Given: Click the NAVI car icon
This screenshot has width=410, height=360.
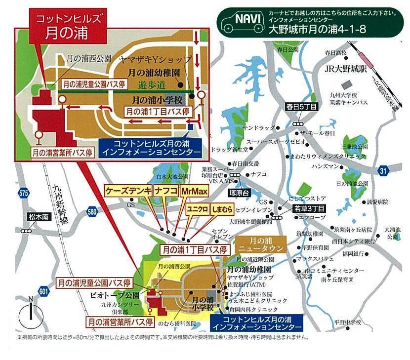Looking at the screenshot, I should (x=242, y=21).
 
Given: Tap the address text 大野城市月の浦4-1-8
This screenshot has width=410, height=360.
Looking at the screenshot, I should (x=317, y=29).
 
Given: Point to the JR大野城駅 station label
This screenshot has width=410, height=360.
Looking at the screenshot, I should (x=345, y=69).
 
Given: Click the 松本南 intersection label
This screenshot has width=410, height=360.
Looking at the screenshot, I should (x=38, y=216).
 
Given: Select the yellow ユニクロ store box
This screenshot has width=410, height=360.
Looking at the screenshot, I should (x=197, y=208).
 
